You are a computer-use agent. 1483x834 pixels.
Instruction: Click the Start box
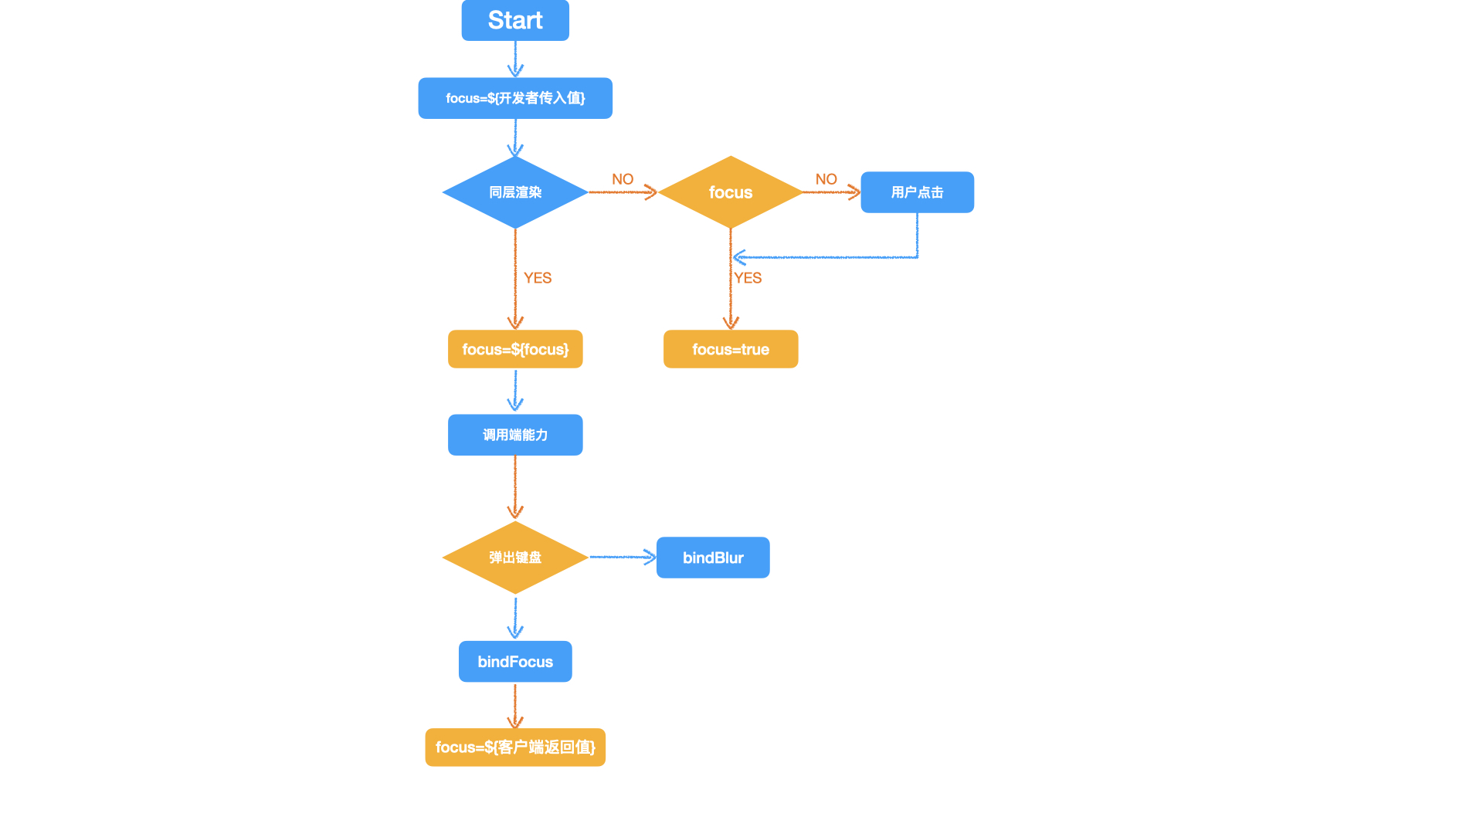click(x=515, y=20)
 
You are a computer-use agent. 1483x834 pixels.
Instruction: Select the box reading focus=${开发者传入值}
click(x=515, y=98)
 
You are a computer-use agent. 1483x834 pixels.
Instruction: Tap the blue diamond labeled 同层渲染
click(x=515, y=192)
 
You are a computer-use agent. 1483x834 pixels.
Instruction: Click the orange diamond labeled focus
click(x=730, y=192)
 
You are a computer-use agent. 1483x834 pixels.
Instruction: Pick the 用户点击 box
click(x=917, y=192)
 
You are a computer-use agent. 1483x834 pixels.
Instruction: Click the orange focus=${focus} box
click(x=515, y=349)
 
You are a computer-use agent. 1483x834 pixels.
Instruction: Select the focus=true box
click(x=730, y=349)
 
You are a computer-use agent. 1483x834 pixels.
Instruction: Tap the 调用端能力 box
click(x=515, y=435)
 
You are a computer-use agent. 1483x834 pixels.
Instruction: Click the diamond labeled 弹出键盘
click(x=515, y=558)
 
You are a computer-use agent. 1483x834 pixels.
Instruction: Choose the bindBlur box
click(x=712, y=558)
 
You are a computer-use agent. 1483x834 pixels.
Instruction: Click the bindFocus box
click(x=515, y=662)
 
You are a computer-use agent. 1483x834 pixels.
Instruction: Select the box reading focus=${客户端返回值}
click(x=515, y=748)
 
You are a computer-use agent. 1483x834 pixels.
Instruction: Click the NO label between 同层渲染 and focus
click(x=623, y=179)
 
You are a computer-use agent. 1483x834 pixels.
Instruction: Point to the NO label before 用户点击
click(x=826, y=179)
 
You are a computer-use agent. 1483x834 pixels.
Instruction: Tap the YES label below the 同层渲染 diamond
click(x=538, y=278)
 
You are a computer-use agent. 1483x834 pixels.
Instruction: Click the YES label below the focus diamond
click(x=748, y=278)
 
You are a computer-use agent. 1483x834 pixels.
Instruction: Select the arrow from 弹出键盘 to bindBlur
click(x=622, y=557)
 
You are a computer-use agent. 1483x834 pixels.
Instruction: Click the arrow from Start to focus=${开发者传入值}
click(x=515, y=59)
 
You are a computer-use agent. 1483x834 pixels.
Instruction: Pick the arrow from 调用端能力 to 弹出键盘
click(x=515, y=486)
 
